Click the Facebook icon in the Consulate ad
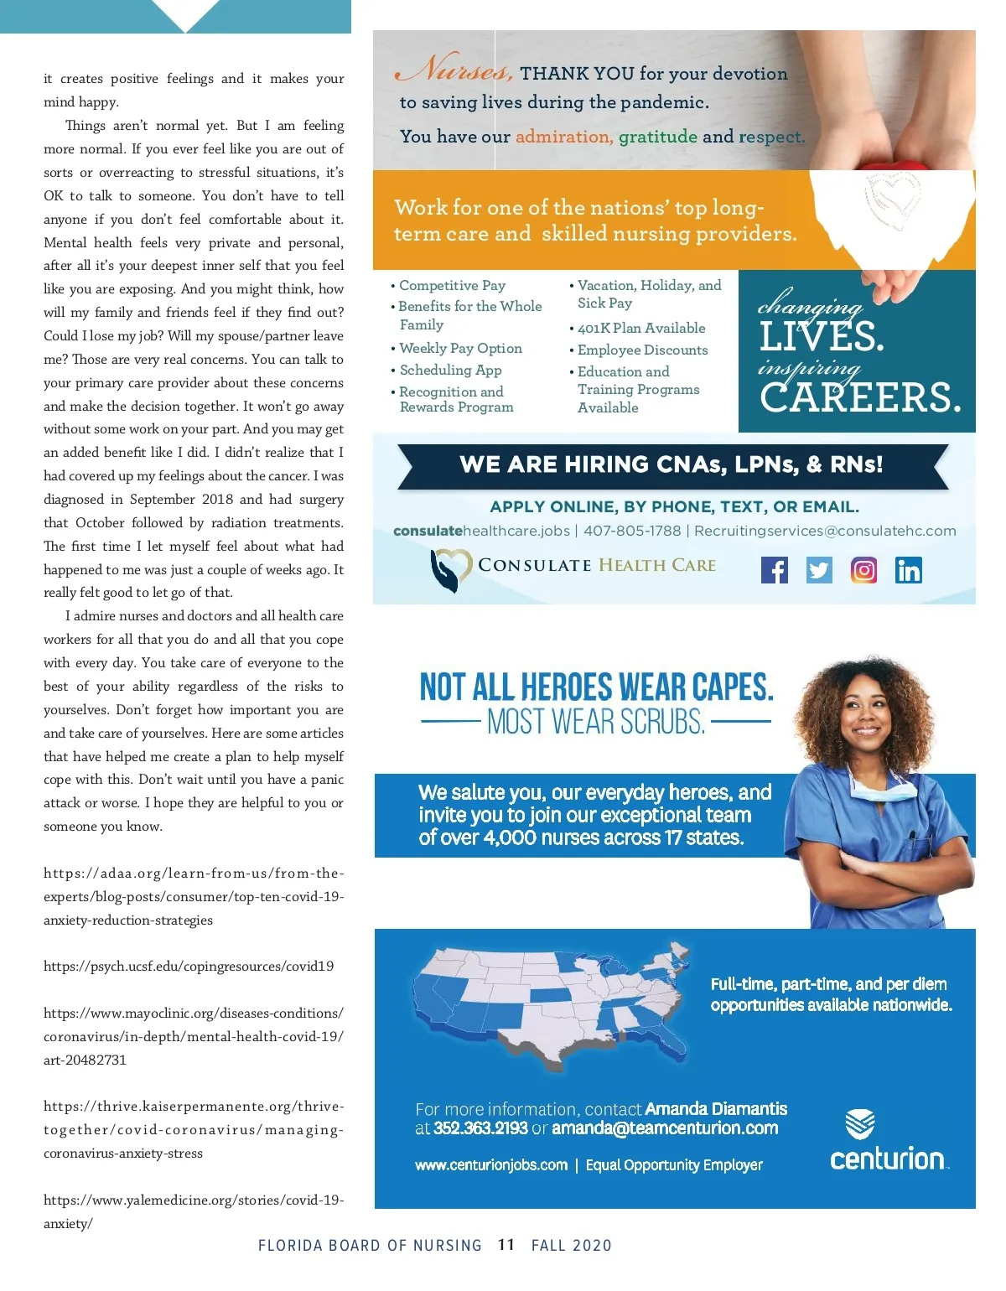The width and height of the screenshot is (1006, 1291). point(775,570)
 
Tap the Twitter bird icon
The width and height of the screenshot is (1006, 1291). point(819,570)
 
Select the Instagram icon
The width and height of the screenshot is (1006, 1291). point(863,570)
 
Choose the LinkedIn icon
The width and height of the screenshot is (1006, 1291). point(908,570)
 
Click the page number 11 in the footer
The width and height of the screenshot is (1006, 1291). point(506,1245)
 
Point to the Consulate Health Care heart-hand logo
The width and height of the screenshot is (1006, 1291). point(449,569)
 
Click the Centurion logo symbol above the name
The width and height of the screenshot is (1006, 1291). point(860,1123)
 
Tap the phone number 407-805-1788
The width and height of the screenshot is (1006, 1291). point(632,531)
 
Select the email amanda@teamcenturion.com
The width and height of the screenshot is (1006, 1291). point(665,1128)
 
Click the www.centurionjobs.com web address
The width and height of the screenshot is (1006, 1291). point(491,1165)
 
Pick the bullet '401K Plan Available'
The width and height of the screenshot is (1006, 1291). point(641,328)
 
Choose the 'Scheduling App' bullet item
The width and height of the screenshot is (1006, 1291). point(450,370)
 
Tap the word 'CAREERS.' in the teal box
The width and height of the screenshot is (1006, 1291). point(860,397)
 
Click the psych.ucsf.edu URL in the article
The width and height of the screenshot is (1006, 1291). point(189,966)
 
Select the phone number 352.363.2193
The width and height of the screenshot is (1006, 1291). point(480,1128)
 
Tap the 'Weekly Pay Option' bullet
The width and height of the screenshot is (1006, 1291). point(460,348)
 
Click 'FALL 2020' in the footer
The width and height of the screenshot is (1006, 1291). point(572,1245)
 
